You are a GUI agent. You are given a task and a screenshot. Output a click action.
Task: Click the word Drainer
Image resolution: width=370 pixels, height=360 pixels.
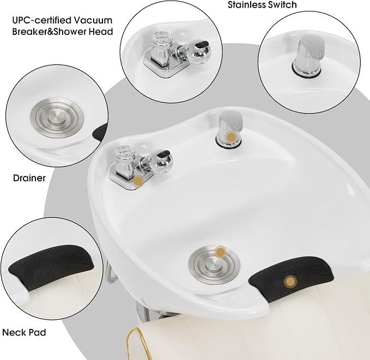(x=29, y=178)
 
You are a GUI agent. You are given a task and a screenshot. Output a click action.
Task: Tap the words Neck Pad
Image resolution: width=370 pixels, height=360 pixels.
(x=24, y=332)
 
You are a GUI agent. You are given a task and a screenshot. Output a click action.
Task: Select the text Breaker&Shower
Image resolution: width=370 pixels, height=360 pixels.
(x=50, y=32)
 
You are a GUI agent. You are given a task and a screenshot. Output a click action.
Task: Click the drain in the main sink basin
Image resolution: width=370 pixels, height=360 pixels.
(x=214, y=264)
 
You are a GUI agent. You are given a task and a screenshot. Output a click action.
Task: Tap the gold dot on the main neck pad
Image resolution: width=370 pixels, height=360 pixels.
(x=290, y=282)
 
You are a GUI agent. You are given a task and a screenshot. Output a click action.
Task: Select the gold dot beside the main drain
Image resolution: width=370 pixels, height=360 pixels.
(x=221, y=252)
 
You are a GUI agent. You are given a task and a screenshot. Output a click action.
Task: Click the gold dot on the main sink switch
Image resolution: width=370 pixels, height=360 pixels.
(x=231, y=137)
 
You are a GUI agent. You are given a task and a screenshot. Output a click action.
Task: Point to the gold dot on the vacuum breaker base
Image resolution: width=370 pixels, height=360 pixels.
(x=138, y=181)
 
